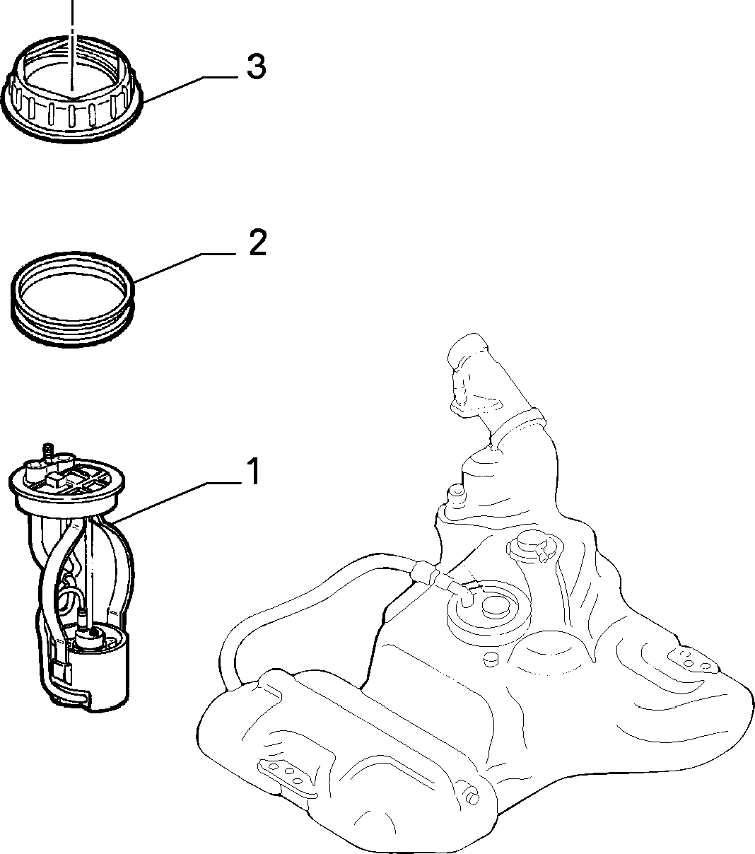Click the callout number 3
[x=257, y=66]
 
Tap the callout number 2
[x=258, y=242]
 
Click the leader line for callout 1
[x=176, y=503]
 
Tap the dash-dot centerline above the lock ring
[x=73, y=45]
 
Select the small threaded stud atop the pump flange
[x=48, y=452]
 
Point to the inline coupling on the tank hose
[x=426, y=573]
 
